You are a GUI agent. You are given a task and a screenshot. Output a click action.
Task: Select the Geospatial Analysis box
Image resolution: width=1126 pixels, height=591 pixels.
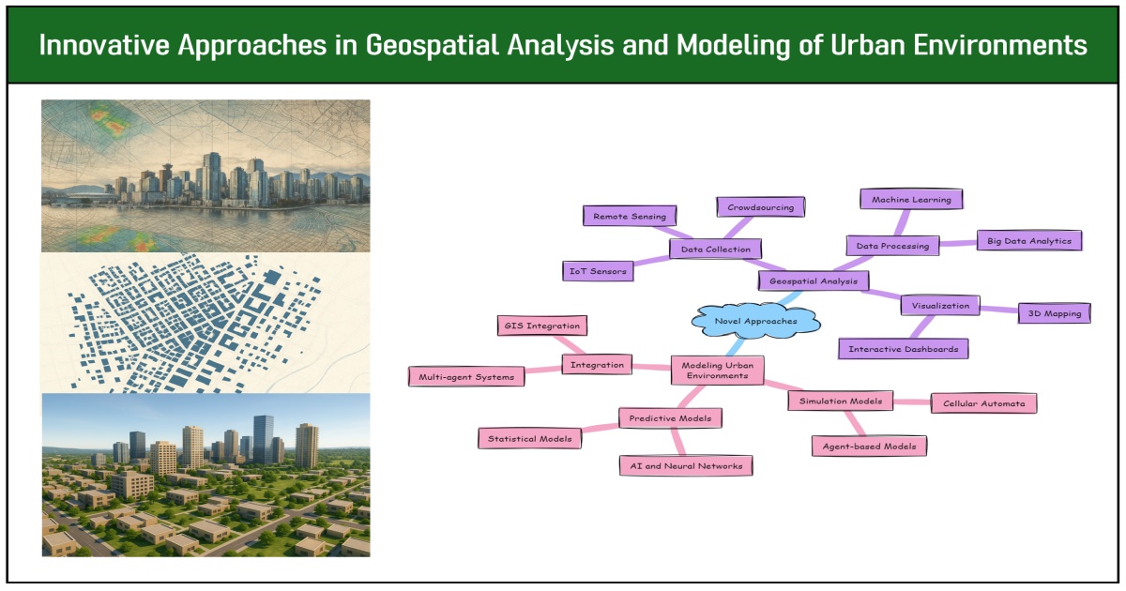813,280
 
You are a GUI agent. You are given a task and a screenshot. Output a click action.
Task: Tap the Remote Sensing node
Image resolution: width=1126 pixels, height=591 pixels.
628,216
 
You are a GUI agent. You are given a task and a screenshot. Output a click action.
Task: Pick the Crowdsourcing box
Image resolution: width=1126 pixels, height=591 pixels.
760,206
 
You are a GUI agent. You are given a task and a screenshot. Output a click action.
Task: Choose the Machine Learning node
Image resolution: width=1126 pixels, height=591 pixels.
911,199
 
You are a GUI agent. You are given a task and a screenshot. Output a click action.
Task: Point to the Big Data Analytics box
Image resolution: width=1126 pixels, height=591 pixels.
1029,240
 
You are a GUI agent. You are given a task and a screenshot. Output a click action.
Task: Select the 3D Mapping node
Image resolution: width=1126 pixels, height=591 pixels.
1055,313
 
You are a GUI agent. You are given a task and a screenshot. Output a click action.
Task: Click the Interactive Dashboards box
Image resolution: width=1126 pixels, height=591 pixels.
903,349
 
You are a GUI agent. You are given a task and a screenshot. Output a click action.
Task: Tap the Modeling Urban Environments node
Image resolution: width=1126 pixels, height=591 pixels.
717,369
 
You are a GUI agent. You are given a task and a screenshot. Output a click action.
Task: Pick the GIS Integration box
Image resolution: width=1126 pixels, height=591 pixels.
541,326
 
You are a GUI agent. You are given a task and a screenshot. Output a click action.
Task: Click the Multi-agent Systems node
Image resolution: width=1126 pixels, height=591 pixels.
466,376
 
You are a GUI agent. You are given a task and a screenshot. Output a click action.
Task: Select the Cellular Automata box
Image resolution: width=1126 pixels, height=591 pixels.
983,403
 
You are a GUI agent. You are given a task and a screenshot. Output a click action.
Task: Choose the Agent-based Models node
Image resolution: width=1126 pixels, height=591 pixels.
869,446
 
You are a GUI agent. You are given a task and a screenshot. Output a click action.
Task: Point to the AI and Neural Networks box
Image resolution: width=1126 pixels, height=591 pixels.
686,464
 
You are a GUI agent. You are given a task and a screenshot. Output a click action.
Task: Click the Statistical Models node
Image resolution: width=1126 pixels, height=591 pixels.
529,437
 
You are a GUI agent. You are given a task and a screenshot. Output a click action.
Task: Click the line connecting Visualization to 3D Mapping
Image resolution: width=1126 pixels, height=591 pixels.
999,309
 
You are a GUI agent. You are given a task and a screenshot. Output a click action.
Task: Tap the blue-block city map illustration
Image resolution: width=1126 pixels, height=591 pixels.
205,324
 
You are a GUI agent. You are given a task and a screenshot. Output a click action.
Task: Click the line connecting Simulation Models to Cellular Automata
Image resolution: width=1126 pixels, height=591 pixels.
911,402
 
